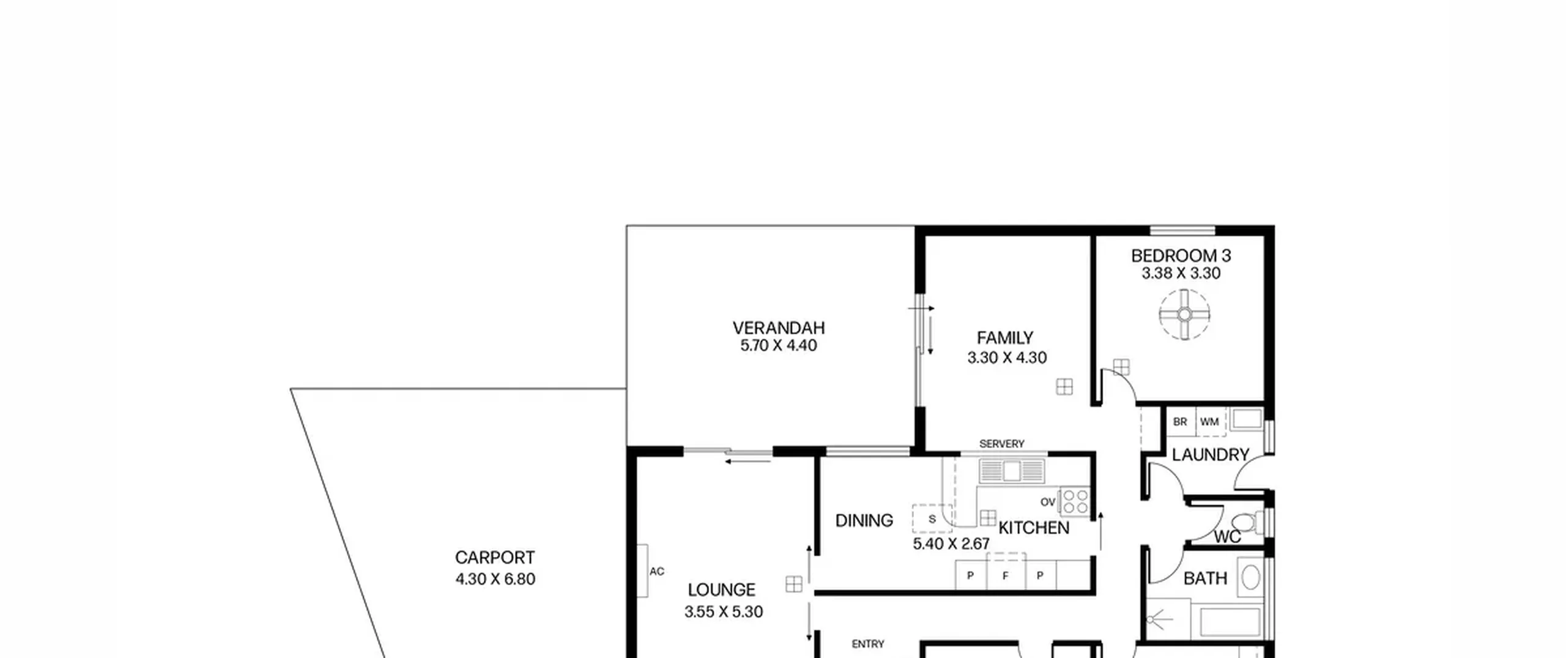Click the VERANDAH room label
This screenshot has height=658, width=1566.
pyautogui.click(x=779, y=328)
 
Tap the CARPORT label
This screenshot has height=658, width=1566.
pyautogui.click(x=495, y=558)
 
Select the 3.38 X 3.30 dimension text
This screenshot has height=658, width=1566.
pyautogui.click(x=1181, y=273)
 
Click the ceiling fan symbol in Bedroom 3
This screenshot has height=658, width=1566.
pyautogui.click(x=1185, y=315)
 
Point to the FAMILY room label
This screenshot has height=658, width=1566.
pyautogui.click(x=1005, y=338)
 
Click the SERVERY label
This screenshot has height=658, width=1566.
pyautogui.click(x=1001, y=444)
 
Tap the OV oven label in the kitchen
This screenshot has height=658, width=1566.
pyautogui.click(x=1048, y=502)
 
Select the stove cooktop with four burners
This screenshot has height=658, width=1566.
pyautogui.click(x=1075, y=501)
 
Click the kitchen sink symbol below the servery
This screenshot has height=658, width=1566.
pyautogui.click(x=1012, y=471)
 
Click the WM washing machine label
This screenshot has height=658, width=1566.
pyautogui.click(x=1209, y=422)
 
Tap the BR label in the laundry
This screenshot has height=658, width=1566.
pyautogui.click(x=1180, y=422)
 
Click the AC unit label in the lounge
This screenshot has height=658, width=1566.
pyautogui.click(x=657, y=572)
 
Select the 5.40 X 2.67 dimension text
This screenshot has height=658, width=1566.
pyautogui.click(x=951, y=544)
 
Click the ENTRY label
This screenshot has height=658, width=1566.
pyautogui.click(x=868, y=644)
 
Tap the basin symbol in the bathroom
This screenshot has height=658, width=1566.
pyautogui.click(x=1251, y=577)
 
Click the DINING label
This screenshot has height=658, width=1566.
pyautogui.click(x=864, y=520)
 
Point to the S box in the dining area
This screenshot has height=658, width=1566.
pyautogui.click(x=932, y=519)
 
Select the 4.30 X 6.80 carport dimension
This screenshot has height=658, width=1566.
pyautogui.click(x=495, y=578)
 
